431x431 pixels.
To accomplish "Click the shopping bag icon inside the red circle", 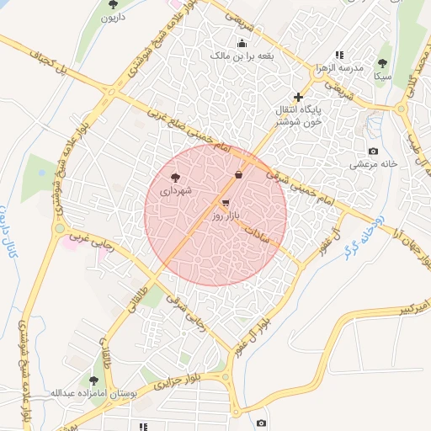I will click(239, 175).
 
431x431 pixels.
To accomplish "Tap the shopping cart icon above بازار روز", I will click(226, 203).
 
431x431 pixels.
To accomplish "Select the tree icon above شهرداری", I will click(175, 178).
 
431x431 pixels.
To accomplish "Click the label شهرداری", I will click(177, 191).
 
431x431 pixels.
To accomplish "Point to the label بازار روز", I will click(226, 216).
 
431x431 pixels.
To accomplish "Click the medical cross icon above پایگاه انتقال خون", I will click(298, 97).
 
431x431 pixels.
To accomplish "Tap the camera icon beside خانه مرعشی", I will click(373, 151).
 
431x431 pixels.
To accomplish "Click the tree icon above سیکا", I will click(383, 63).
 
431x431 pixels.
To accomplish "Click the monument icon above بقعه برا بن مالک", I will click(242, 43).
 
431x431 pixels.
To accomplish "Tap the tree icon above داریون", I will click(114, 4).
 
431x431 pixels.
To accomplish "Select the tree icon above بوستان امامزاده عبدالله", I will click(93, 380).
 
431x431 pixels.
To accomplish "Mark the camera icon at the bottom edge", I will click(261, 423).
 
